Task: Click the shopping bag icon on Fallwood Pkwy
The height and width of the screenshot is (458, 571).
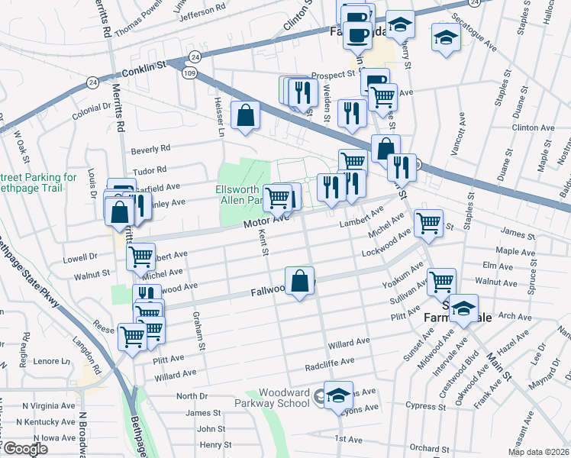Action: (301, 279)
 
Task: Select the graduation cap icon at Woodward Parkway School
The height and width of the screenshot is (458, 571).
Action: (337, 395)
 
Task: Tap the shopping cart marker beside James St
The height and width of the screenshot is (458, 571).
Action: (428, 223)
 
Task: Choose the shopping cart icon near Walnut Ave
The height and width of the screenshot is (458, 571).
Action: (441, 281)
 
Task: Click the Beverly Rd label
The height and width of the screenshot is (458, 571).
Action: (150, 149)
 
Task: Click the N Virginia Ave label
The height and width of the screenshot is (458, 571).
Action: (49, 405)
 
